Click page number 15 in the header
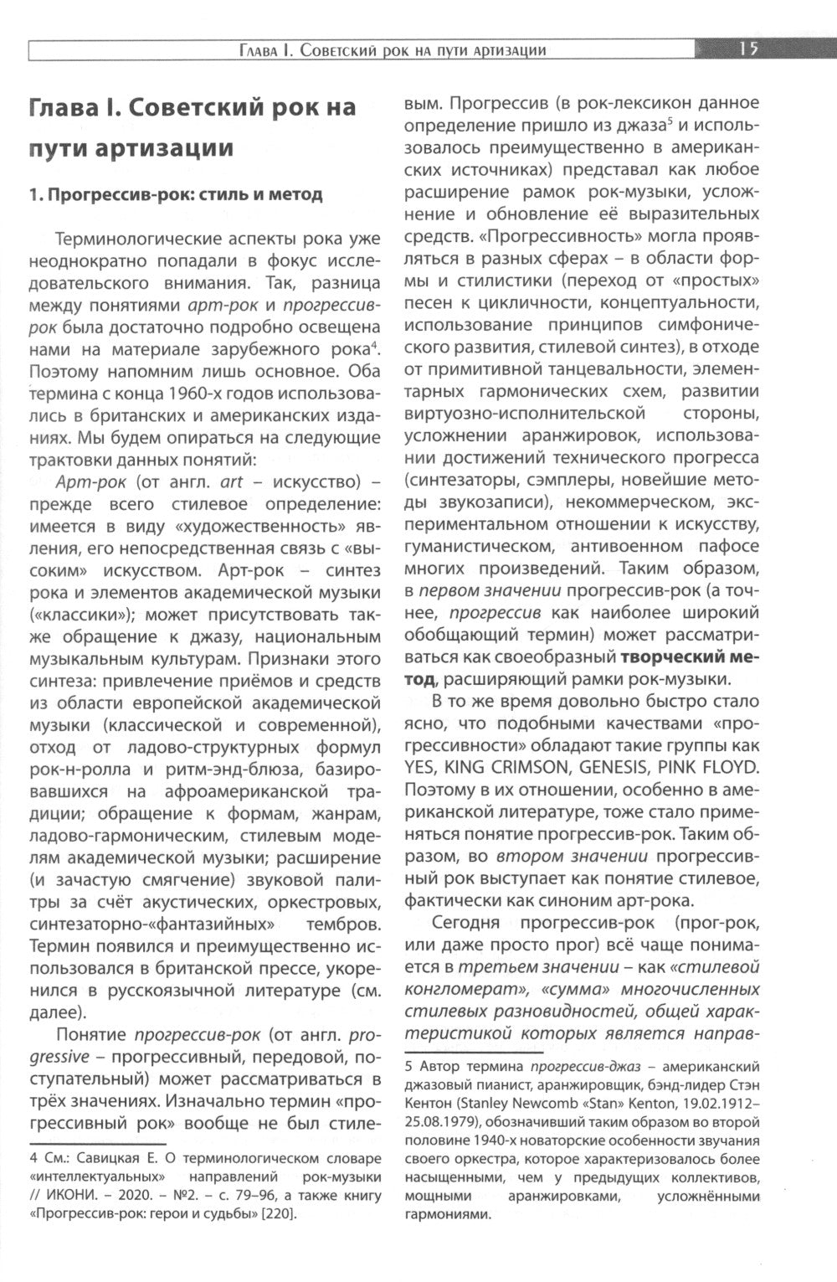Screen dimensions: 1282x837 [748, 49]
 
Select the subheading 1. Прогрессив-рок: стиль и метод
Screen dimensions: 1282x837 [176, 195]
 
